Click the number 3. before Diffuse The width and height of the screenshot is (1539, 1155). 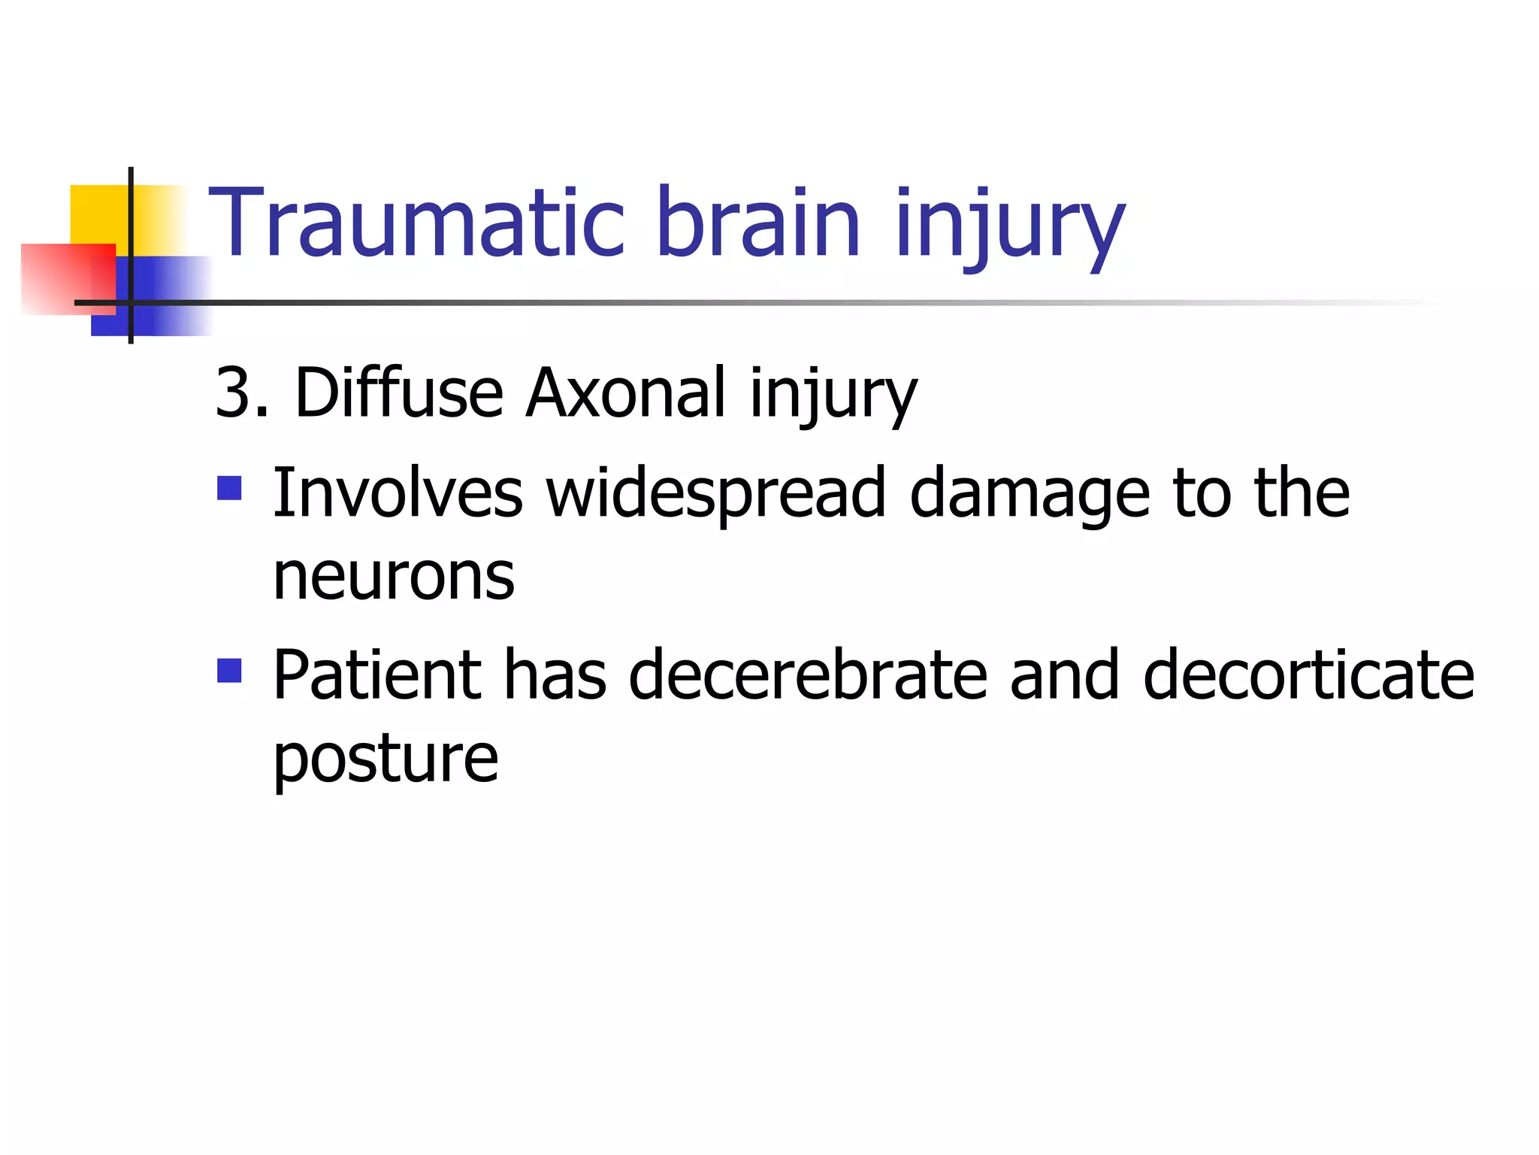[x=242, y=393]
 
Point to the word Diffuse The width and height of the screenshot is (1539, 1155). [x=398, y=393]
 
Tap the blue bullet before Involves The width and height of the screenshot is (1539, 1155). [x=229, y=488]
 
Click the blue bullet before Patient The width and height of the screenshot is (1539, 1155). [x=229, y=670]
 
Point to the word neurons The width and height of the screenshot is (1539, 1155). [x=394, y=577]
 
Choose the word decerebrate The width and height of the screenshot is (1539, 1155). [x=807, y=675]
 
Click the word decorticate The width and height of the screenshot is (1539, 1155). [x=1308, y=675]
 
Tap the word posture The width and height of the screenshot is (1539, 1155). [x=386, y=759]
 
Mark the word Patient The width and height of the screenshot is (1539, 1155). [x=376, y=675]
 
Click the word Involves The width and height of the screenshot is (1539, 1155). [x=398, y=493]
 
